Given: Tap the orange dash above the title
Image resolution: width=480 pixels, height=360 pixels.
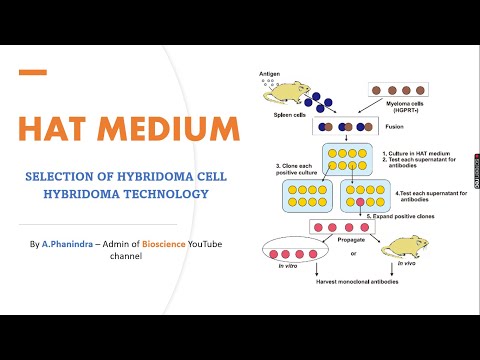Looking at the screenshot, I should tap(34, 72).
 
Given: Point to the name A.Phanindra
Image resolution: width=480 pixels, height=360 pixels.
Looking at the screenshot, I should tap(69, 244).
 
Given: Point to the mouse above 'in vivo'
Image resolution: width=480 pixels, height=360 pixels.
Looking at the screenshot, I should tap(404, 248).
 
